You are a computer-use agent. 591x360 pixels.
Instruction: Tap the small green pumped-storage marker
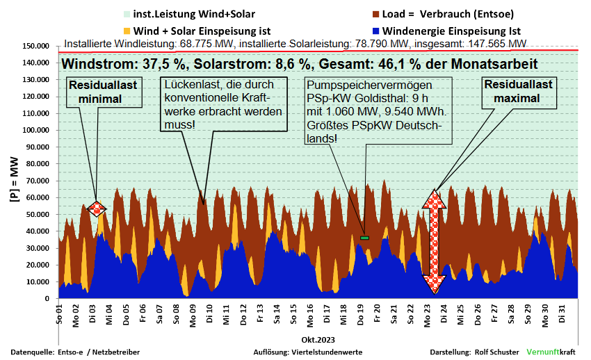364,238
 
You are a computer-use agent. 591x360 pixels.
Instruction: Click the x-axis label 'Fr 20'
377,314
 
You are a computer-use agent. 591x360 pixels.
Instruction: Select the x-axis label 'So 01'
60,314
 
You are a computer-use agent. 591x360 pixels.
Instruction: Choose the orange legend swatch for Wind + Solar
127,31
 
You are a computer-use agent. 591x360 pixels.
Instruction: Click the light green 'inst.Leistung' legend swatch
127,14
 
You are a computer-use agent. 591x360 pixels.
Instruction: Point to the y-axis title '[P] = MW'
13,183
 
